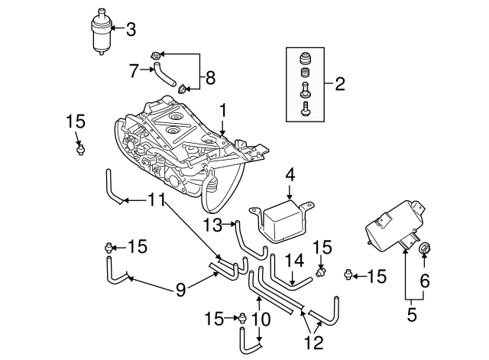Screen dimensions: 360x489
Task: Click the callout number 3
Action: [x=131, y=31]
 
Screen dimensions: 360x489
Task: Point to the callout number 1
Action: [x=223, y=112]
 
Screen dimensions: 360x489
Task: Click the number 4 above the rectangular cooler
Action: [x=290, y=175]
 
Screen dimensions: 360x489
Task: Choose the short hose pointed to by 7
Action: [x=163, y=76]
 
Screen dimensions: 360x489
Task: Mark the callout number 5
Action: [x=412, y=313]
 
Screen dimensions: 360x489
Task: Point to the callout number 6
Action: [x=424, y=281]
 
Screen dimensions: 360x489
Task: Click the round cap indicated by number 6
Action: [x=426, y=248]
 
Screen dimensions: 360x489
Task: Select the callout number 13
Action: [x=214, y=224]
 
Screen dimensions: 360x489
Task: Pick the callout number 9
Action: [x=180, y=289]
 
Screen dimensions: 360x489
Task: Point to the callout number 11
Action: [x=156, y=201]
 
